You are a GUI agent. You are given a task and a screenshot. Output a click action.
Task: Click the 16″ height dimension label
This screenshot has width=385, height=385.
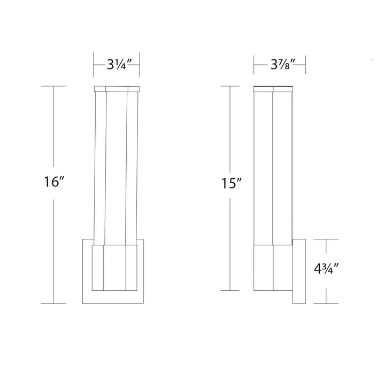click(54, 182)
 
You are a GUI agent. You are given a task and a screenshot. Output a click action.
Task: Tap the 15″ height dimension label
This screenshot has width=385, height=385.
click(232, 184)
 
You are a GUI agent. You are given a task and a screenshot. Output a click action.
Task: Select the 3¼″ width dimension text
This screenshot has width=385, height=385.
click(117, 65)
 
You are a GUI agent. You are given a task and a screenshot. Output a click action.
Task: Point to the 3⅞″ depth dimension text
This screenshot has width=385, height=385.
click(280, 65)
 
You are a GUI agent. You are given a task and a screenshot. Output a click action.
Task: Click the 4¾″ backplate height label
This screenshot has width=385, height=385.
click(327, 269)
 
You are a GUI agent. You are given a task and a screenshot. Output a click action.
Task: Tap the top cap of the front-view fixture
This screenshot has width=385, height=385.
click(117, 89)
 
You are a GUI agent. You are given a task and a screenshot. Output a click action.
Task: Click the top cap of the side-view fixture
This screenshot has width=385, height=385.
click(273, 89)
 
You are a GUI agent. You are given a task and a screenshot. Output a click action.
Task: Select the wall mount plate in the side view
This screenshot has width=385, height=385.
click(299, 271)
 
